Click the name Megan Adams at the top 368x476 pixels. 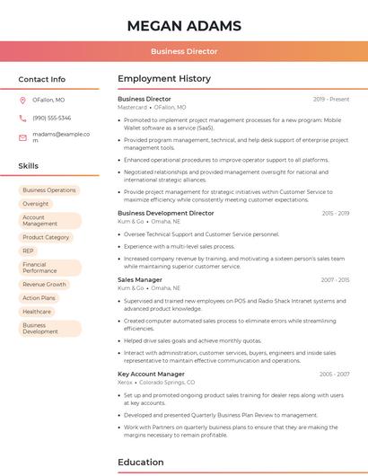tap(184, 25)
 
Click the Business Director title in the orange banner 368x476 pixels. tap(184, 51)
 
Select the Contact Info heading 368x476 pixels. tap(41, 79)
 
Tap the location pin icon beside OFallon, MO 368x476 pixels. tap(22, 100)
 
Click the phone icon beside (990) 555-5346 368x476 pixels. tap(22, 118)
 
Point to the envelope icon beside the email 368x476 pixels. tap(22, 137)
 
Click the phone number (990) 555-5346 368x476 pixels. tap(51, 118)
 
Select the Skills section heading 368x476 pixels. tap(28, 166)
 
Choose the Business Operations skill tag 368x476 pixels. tap(49, 190)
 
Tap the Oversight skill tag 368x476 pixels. tap(36, 204)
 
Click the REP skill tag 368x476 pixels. tap(29, 251)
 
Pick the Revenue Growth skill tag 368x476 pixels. tap(45, 284)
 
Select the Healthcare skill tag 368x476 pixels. tap(37, 312)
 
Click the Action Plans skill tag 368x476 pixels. tap(39, 297)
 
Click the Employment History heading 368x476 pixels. tap(164, 79)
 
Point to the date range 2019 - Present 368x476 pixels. tap(331, 99)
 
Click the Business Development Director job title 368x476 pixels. tap(166, 213)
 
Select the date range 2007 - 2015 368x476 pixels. tap(335, 279)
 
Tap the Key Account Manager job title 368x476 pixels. tap(151, 374)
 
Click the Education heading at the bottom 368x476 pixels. tap(140, 463)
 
